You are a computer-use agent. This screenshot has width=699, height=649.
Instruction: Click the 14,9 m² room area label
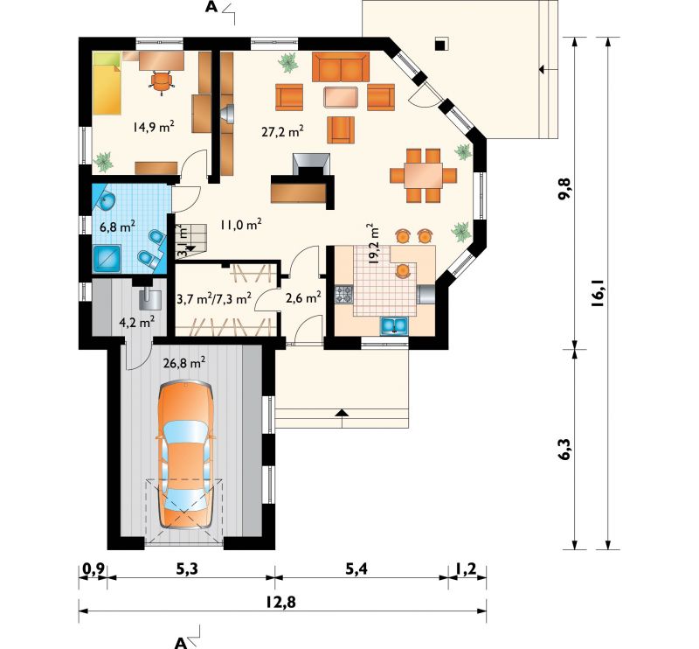153,126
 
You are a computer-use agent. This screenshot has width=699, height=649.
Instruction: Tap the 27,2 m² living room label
282,131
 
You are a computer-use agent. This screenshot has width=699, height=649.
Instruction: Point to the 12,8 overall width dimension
280,602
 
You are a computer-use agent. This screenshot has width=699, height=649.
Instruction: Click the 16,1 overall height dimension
597,293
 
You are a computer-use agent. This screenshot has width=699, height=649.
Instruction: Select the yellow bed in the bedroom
107,83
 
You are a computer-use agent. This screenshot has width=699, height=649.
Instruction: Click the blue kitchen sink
394,326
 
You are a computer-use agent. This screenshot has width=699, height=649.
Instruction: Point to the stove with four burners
343,294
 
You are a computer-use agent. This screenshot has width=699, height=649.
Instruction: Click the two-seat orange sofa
341,67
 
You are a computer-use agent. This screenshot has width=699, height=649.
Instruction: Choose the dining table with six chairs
424,176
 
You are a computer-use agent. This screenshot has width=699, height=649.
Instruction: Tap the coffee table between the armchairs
341,97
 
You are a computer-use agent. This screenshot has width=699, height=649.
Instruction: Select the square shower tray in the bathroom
107,258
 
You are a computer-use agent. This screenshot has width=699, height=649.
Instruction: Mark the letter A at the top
211,7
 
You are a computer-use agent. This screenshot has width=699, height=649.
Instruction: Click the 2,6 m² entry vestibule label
303,297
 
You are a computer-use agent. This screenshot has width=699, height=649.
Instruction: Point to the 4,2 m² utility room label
137,322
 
